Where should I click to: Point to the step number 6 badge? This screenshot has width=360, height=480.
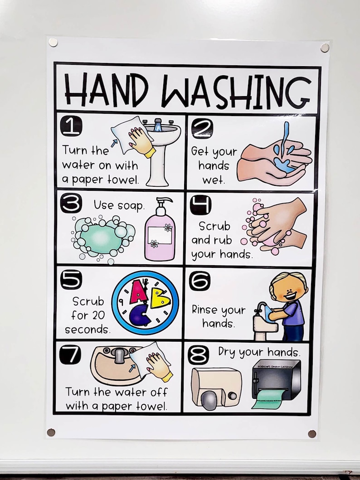coord(199,281)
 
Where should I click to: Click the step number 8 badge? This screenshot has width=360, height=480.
coord(198,355)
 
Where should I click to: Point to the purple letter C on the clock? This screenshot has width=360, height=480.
coord(140,314)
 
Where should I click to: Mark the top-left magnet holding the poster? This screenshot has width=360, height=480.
coord(53,42)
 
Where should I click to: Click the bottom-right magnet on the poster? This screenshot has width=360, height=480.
coord(312,434)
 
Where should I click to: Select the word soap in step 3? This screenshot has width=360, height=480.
coord(131,205)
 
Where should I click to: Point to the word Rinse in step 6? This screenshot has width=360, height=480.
coord(205,310)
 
